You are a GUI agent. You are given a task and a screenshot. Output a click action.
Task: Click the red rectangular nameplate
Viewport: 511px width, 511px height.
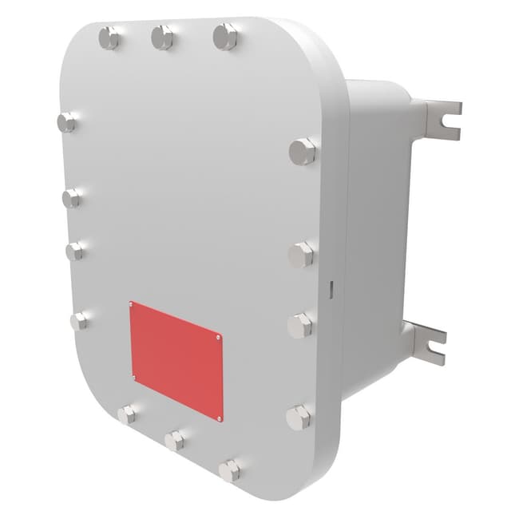pyautogui.click(x=176, y=359)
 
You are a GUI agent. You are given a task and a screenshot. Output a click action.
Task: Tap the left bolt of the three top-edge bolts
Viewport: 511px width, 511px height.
pyautogui.click(x=109, y=38)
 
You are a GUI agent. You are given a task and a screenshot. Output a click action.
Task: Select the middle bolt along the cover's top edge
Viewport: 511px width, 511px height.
pyautogui.click(x=162, y=37)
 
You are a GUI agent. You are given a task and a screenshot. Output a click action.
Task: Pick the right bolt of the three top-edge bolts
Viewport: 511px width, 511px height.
pyautogui.click(x=225, y=36)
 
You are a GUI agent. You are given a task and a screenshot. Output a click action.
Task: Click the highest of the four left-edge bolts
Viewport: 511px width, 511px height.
pyautogui.click(x=67, y=122)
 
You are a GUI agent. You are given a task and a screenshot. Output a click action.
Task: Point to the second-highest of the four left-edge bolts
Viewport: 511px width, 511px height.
pyautogui.click(x=72, y=197)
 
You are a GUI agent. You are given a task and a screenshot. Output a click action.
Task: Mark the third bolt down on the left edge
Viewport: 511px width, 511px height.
pyautogui.click(x=75, y=251)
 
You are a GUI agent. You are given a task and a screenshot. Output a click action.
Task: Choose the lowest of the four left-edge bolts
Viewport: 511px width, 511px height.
pyautogui.click(x=79, y=321)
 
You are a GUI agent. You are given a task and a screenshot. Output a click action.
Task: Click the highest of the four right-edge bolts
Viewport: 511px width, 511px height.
pyautogui.click(x=302, y=151)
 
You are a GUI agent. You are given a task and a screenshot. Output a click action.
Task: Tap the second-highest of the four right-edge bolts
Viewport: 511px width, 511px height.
pyautogui.click(x=300, y=255)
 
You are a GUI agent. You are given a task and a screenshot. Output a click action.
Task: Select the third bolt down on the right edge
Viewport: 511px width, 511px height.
pyautogui.click(x=299, y=325)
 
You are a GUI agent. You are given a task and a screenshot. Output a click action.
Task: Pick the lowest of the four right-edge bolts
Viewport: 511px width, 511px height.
pyautogui.click(x=298, y=417)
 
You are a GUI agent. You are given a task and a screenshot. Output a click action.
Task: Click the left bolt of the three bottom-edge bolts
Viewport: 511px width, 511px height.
pyautogui.click(x=127, y=414)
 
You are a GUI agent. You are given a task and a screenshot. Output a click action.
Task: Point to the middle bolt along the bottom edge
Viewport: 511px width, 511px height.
pyautogui.click(x=174, y=440)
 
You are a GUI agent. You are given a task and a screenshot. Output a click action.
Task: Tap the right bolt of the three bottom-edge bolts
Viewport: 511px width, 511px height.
pyautogui.click(x=229, y=470)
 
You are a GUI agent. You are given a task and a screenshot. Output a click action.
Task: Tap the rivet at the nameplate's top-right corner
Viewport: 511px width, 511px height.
pyautogui.click(x=220, y=339)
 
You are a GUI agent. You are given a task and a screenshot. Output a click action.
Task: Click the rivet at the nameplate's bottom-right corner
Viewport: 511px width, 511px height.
pyautogui.click(x=220, y=417)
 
